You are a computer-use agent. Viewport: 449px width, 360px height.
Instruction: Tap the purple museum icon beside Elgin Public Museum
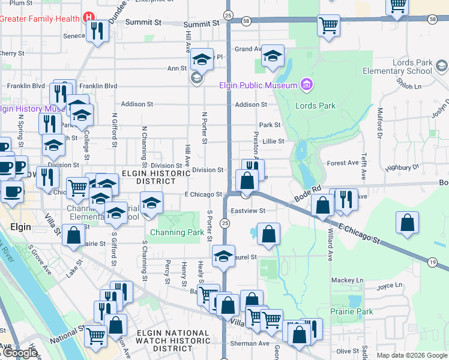(x=307, y=85)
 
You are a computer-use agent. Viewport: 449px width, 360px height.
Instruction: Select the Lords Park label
(x=315, y=106)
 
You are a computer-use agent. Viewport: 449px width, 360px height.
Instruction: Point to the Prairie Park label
(x=352, y=311)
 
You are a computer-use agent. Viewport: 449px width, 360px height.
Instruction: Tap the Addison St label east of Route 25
(x=251, y=104)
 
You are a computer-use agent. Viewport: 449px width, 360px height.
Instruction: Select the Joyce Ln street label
(x=388, y=287)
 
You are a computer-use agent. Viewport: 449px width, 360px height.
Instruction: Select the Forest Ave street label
(x=343, y=163)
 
